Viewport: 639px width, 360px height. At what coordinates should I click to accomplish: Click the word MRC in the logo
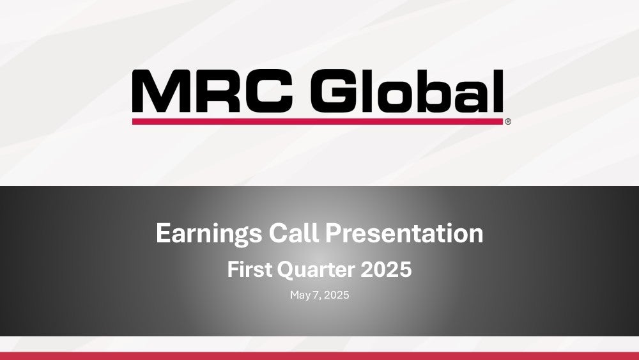click(213, 91)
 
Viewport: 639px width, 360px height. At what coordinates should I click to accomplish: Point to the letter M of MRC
click(160, 91)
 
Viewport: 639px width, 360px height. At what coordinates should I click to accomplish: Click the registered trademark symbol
click(508, 121)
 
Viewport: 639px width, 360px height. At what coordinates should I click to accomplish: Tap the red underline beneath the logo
click(318, 121)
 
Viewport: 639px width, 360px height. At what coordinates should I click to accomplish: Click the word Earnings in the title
click(209, 234)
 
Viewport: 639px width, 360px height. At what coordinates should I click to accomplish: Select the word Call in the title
click(293, 233)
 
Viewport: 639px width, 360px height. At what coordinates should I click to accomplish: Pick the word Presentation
click(404, 233)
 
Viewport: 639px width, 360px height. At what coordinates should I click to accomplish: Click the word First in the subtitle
click(249, 269)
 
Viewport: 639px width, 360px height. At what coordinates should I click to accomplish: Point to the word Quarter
click(316, 270)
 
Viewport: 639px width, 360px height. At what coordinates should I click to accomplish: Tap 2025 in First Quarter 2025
click(387, 269)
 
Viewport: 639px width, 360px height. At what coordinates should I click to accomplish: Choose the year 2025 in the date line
click(337, 295)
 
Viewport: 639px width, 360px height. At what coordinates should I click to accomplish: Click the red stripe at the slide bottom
click(319, 356)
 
